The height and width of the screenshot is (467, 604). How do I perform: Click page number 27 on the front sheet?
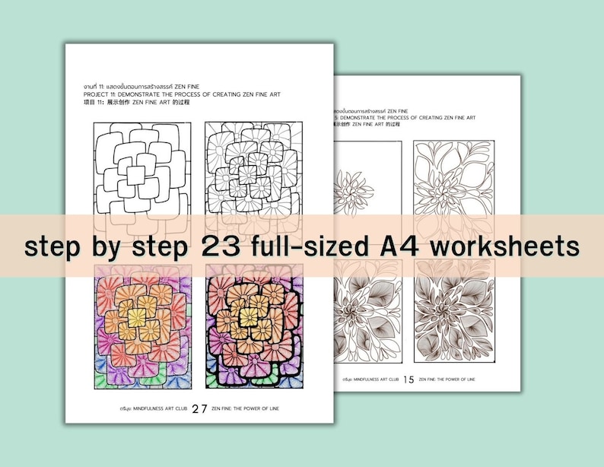click(199, 408)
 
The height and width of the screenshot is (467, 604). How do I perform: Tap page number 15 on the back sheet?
click(408, 379)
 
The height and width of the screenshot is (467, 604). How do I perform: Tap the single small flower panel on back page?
click(367, 183)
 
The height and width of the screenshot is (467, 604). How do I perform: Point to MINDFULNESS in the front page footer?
click(141, 409)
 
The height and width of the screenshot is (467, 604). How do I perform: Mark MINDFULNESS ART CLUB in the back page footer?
click(374, 379)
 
